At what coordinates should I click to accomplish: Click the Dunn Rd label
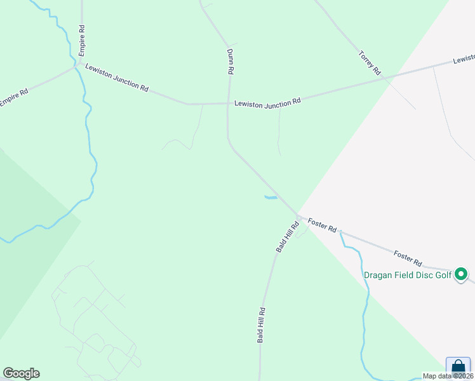[231, 62]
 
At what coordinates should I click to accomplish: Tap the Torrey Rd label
[369, 63]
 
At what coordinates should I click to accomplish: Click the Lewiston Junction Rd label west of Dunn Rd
[116, 78]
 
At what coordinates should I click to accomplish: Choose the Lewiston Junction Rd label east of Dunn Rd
[267, 103]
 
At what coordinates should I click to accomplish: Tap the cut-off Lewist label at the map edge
[464, 60]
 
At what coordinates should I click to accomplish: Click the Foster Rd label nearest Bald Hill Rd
[322, 225]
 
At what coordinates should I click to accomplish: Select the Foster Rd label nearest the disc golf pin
[408, 258]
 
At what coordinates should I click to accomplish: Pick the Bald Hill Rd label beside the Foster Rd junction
[288, 237]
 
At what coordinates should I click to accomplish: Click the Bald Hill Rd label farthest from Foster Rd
[261, 325]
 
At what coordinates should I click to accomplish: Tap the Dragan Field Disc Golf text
[407, 275]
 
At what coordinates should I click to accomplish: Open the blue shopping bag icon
[458, 368]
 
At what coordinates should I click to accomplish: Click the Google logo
[21, 373]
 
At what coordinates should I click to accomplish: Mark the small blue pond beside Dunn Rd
[270, 198]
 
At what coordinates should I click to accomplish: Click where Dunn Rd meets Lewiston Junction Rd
[228, 103]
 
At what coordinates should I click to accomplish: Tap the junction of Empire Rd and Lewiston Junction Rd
[76, 65]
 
